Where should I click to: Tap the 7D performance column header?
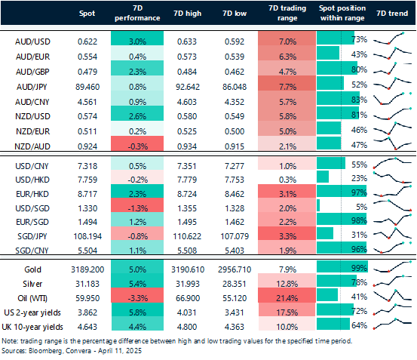[x=136, y=14]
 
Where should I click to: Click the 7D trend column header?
[x=391, y=14]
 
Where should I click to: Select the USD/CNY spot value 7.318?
[x=89, y=164]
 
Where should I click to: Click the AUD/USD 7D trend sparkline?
[x=391, y=38]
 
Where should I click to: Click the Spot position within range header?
[x=341, y=14]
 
